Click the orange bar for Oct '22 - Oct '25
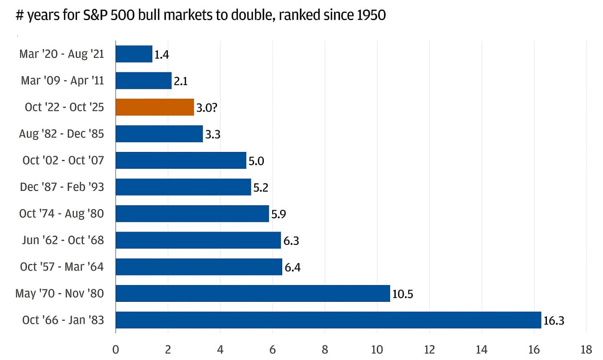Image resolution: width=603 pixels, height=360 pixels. coord(155,107)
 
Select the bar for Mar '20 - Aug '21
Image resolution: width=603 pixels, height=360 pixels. coord(134,54)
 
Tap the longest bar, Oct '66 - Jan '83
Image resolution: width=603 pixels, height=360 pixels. coord(328,320)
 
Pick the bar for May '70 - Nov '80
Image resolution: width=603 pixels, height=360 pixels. coord(253,293)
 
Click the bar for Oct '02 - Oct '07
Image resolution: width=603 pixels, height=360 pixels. coord(181,160)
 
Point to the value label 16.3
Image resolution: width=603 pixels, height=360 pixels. coord(554,321)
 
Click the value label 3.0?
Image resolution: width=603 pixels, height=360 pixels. coord(206,108)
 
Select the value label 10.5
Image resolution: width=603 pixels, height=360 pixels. coord(402,294)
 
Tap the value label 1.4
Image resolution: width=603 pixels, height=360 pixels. coord(162,54)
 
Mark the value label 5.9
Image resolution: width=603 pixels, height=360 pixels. coord(278,214)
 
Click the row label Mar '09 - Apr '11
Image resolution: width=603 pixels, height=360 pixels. coord(62,80)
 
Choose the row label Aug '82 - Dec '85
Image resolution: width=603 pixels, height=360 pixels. coord(61,134)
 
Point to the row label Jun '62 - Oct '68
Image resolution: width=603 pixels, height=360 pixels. coord(63,240)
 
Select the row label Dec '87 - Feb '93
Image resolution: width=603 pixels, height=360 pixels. coord(62,187)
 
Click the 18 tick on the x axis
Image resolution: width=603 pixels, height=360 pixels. coord(586,349)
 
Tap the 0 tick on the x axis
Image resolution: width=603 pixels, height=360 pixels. coord(116,349)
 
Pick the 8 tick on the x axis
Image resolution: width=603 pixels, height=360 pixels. coord(325,349)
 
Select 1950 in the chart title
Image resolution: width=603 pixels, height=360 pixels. coord(371,15)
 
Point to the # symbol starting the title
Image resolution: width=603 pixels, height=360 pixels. coord(20,15)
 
